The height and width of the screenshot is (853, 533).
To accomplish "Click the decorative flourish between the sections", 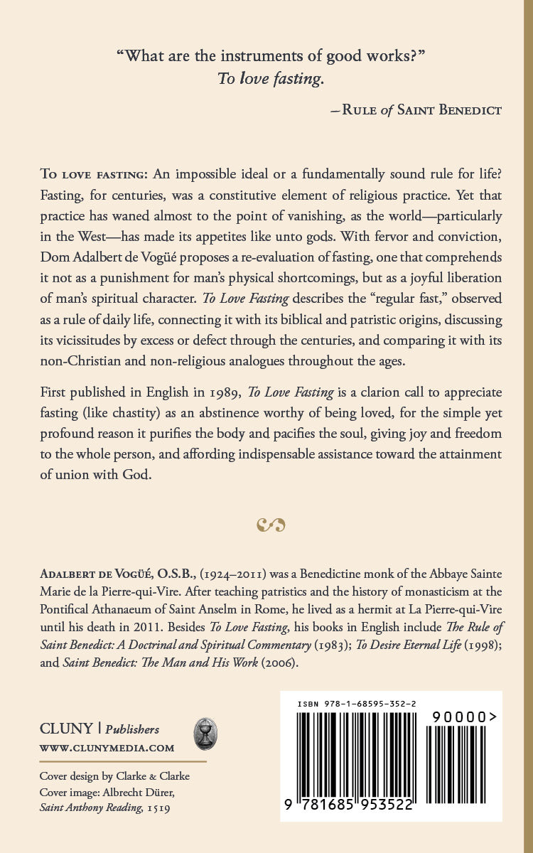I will point(271,525).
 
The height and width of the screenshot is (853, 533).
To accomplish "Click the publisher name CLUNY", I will point(66,729).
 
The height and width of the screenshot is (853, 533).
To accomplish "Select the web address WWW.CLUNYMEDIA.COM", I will point(107,748).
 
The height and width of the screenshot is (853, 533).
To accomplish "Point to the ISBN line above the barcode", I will point(357,703).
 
